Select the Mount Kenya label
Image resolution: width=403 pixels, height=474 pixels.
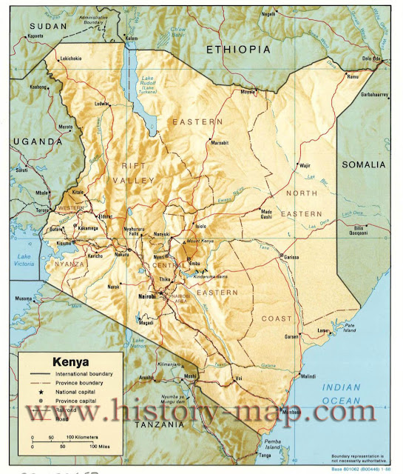[x=200, y=241]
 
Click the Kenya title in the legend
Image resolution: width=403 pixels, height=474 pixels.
[x=70, y=362]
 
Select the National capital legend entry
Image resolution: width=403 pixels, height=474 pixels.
[x=78, y=391]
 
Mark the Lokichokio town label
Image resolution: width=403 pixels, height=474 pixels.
[x=75, y=57]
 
